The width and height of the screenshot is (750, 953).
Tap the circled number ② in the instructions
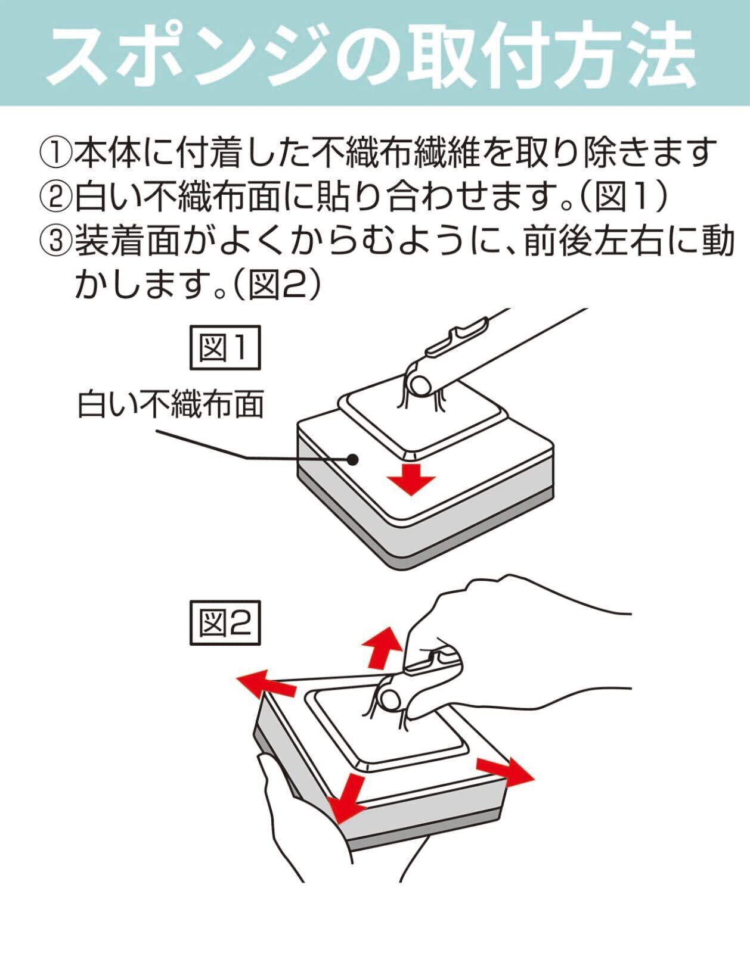pos(56,198)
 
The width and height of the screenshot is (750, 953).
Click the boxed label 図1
pos(225,348)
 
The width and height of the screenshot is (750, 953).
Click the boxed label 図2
pos(225,623)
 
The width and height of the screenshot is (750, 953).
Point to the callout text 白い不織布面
pos(171,406)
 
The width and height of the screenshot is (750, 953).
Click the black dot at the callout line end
pos(353,459)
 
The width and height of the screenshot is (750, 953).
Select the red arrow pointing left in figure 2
pos(262,685)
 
